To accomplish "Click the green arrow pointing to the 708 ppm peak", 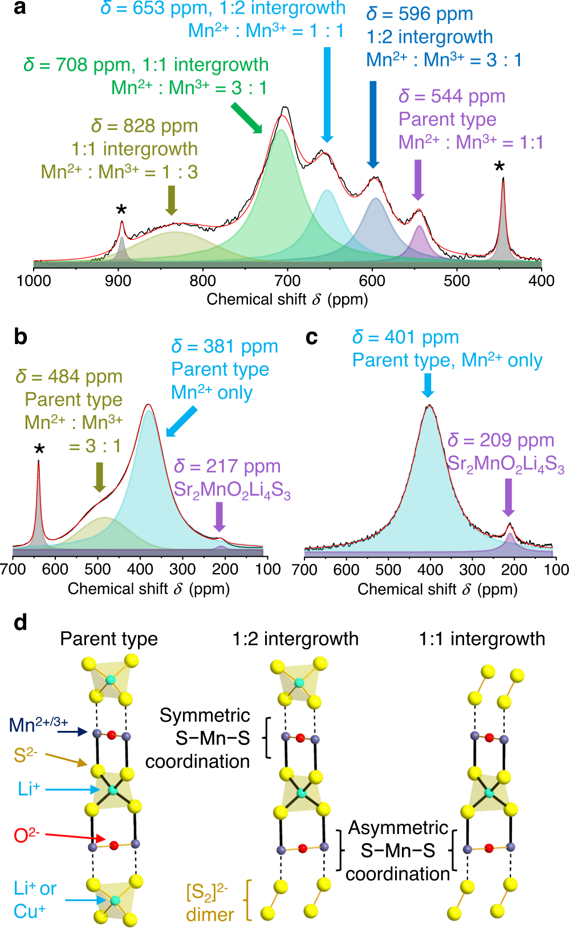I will coord(246,118).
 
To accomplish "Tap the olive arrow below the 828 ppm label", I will coord(171,201).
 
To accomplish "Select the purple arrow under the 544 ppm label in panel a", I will coord(418,180).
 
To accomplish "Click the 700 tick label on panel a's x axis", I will coord(287,281).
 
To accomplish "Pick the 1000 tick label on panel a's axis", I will coord(34,281).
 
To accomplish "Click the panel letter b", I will coord(21,337).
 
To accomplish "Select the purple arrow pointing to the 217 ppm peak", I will coord(219,517).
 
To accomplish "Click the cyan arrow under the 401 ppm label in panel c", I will coord(428,385).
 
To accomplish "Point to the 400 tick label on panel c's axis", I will coord(430,570).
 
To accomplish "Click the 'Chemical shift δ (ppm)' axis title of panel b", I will coord(149,588).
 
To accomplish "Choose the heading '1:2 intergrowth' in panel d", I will coord(295,639).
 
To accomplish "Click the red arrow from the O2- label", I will coord(75,837).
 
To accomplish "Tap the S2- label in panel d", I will coord(26,755).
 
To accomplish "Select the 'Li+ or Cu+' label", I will coord(34,900).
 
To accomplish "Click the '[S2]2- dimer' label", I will coord(209,902).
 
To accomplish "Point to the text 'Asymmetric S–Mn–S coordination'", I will coord(398,851).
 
